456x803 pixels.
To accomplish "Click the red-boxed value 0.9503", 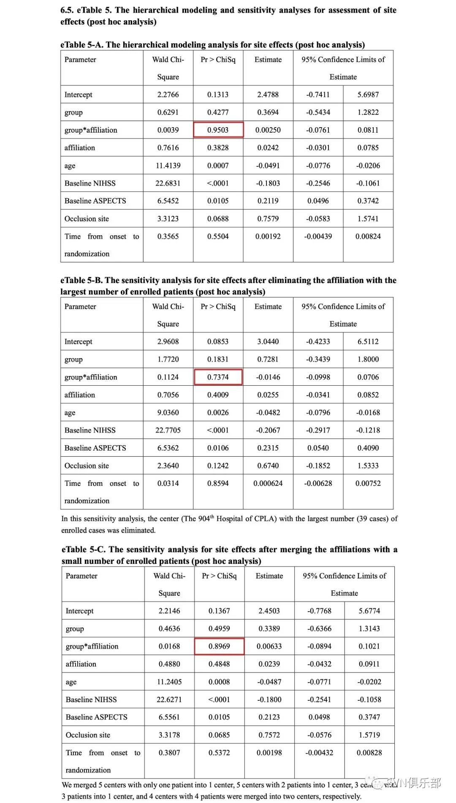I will point(218,130).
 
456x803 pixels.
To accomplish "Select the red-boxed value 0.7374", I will point(218,377).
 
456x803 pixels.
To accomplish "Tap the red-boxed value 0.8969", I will point(219,646).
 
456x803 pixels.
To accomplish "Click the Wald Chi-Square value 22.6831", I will point(168,183).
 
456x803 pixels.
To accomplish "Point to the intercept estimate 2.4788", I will point(268,95).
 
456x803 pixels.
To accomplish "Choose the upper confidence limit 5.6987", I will point(368,95).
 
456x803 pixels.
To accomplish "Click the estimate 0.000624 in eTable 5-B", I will point(268,483).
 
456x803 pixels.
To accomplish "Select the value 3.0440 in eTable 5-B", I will point(268,342).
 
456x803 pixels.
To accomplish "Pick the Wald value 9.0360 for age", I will point(168,413).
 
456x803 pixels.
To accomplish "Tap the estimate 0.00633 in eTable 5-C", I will point(269,646).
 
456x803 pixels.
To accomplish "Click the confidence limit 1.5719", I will point(369,735).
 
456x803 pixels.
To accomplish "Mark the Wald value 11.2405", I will point(169,682).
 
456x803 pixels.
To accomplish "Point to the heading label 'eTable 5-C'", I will point(83,550).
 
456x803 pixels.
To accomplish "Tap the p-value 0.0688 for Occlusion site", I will point(218,219).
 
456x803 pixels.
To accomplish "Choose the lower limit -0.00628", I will point(318,483).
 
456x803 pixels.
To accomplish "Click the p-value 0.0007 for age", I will point(218,166).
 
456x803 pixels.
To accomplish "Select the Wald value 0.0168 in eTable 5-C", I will point(169,646).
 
